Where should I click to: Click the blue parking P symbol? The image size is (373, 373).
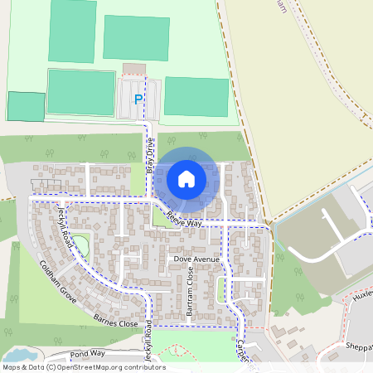pyautogui.click(x=138, y=99)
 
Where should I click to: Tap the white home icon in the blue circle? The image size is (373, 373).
pyautogui.click(x=186, y=178)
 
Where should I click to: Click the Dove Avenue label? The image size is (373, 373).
pyautogui.click(x=196, y=259)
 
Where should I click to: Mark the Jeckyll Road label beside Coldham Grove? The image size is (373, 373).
pyautogui.click(x=65, y=222)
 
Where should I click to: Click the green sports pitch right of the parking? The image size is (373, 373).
pyautogui.click(x=196, y=96)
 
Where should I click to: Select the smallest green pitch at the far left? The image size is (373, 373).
pyautogui.click(x=26, y=106)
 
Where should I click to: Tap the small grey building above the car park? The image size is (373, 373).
pyautogui.click(x=133, y=67)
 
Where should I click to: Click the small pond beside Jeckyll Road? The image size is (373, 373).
pyautogui.click(x=80, y=245)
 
